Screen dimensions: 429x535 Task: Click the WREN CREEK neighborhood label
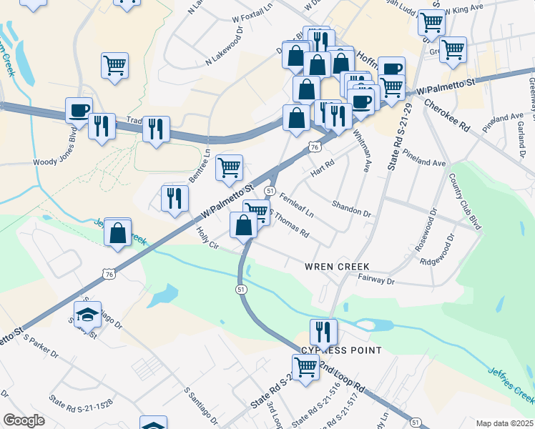(x=338, y=266)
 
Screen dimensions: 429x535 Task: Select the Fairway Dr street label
(x=376, y=282)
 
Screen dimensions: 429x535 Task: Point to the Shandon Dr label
(x=351, y=208)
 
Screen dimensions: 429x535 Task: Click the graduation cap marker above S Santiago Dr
(x=87, y=313)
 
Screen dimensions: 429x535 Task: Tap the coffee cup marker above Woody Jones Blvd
(x=79, y=110)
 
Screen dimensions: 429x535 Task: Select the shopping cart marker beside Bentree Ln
(x=229, y=168)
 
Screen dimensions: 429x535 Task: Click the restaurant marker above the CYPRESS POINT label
(x=323, y=331)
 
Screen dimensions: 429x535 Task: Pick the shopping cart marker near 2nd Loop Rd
(x=306, y=367)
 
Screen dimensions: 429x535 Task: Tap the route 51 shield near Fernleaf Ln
(x=270, y=191)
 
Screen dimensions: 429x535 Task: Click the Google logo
(x=24, y=420)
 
